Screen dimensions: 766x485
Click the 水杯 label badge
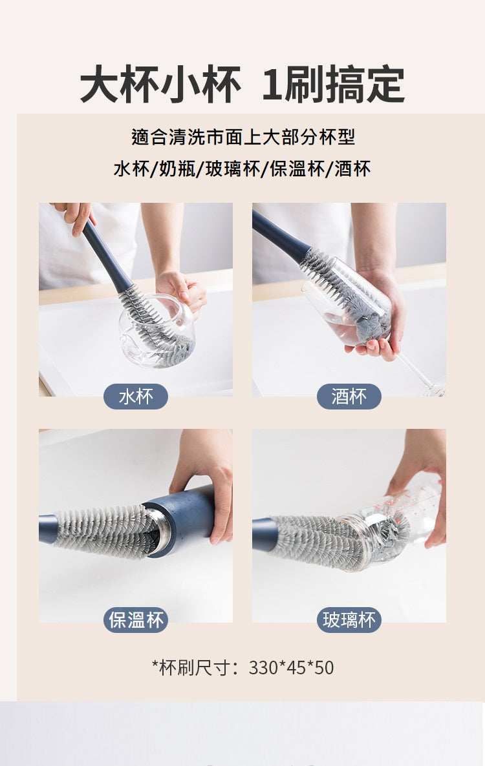coord(136,397)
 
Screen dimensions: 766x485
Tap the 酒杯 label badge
coord(349,397)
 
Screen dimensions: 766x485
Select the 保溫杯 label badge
coord(136,621)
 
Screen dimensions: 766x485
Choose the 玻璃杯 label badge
coord(349,621)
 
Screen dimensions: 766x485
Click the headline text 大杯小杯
coord(160,85)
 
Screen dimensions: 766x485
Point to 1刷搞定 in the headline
coord(333,85)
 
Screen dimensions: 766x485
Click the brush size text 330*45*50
coord(291,667)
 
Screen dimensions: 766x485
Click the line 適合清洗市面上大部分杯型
coord(242,137)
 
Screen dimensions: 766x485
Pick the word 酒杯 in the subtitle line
coord(353,169)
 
